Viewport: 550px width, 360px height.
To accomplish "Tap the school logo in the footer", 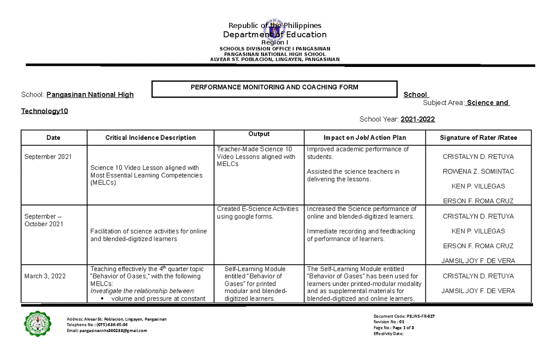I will [x=38, y=324].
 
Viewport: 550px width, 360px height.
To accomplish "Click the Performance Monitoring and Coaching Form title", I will [x=274, y=87].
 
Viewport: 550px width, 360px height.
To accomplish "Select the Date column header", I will [x=53, y=138].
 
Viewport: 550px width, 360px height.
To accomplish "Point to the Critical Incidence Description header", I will [x=150, y=138].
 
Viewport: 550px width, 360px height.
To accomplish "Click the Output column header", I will [x=259, y=134].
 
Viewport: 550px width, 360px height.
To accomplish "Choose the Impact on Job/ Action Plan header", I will [x=364, y=138].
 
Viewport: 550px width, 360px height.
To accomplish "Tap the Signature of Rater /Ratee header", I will [x=478, y=138].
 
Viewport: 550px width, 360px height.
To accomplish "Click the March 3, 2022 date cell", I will [x=45, y=276].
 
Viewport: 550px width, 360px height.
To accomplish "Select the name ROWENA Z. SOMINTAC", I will [x=478, y=172].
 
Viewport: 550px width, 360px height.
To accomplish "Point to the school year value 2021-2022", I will [x=418, y=119].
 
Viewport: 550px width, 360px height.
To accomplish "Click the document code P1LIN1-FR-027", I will [x=420, y=316].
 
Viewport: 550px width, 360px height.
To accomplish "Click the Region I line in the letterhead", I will [x=275, y=42].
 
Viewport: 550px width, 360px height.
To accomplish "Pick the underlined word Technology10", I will [x=45, y=111].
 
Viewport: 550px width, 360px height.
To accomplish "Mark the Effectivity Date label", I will [x=388, y=334].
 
